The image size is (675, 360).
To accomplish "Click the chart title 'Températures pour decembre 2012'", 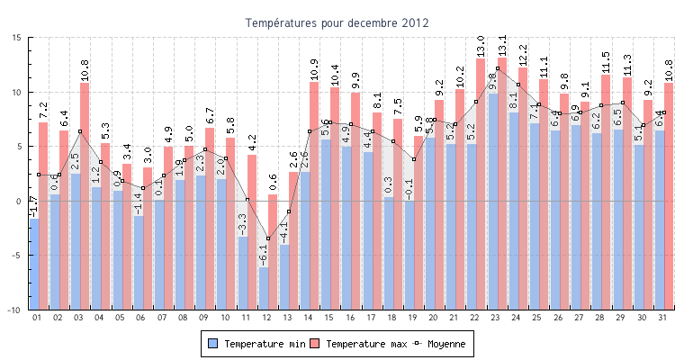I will (x=337, y=22).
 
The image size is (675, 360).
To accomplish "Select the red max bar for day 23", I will (x=502, y=135).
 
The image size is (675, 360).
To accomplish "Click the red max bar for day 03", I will (x=85, y=135).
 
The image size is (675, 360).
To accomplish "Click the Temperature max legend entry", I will (x=356, y=344).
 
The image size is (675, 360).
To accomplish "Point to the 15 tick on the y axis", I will (x=18, y=38).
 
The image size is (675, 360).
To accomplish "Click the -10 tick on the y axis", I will (x=15, y=310).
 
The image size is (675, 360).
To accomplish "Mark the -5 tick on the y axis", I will (x=17, y=256).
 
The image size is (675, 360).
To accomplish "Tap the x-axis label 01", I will (x=37, y=317).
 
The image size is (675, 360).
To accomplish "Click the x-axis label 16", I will (x=349, y=317).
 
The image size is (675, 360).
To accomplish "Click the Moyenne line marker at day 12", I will (x=268, y=238).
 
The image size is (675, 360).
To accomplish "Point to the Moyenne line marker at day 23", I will (x=497, y=68).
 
